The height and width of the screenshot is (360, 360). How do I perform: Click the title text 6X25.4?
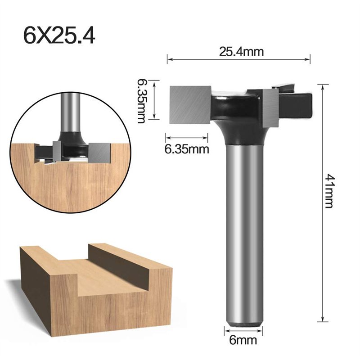pos(59,35)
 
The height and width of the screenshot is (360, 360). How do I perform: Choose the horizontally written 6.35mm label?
pos(187,149)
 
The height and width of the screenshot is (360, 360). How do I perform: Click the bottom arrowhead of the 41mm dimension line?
pos(323,321)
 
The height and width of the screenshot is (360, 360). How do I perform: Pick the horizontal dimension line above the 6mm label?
pos(243,333)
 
